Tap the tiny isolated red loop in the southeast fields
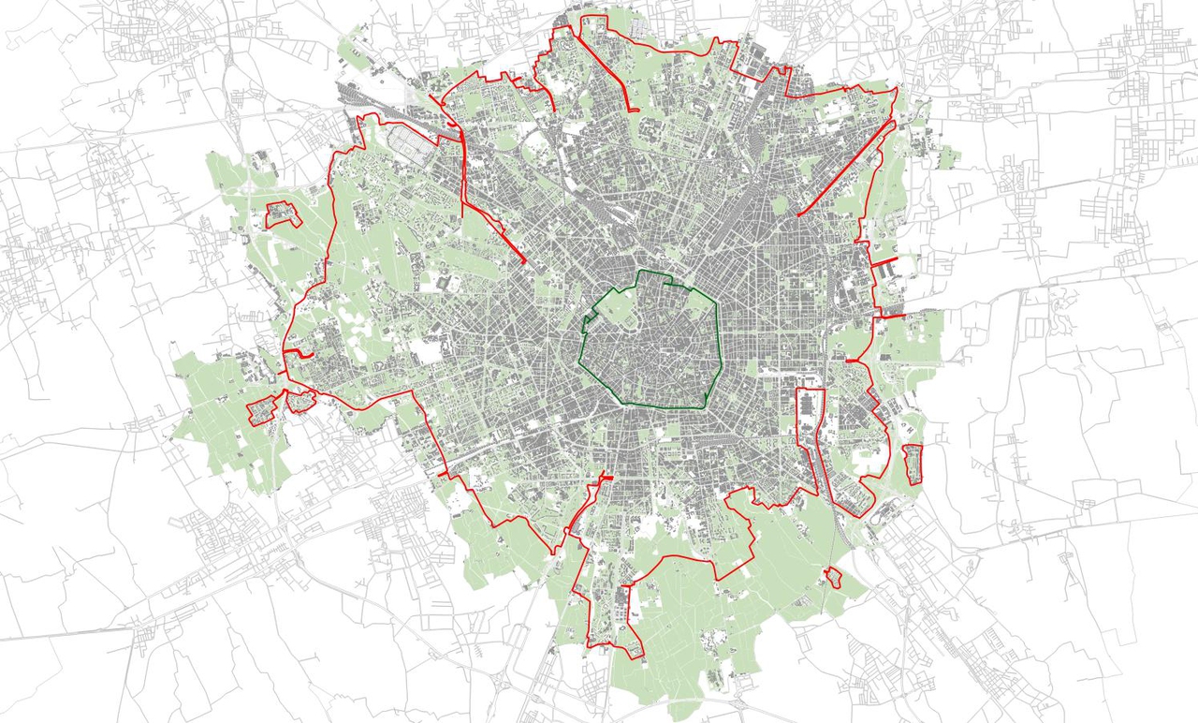tap(830, 577)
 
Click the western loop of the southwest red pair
tap(261, 410)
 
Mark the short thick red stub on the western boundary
tap(299, 353)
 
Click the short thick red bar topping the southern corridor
tap(605, 479)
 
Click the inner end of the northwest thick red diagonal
tap(522, 261)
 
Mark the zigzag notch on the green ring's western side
tap(588, 324)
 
